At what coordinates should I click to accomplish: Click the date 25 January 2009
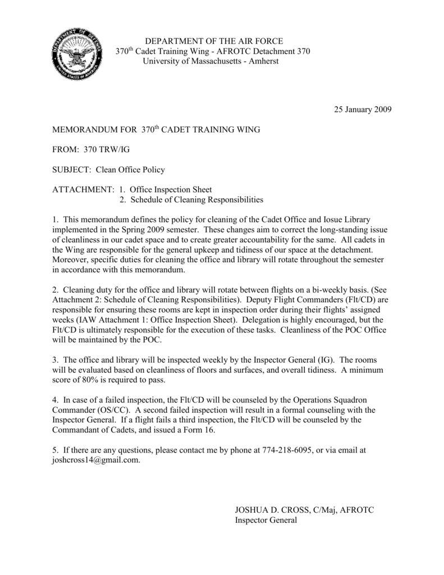359,108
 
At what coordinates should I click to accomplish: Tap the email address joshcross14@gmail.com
95,460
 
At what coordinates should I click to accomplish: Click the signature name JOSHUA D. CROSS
273,510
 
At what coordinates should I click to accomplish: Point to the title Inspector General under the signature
265,520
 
